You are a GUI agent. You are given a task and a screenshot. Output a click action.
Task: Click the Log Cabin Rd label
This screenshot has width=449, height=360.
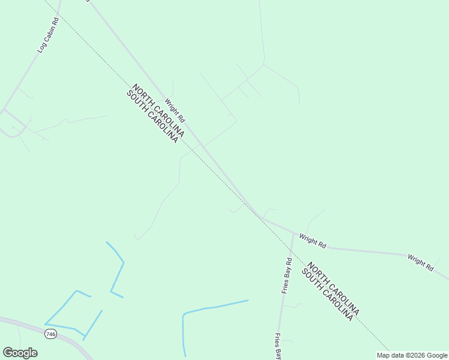[47, 35]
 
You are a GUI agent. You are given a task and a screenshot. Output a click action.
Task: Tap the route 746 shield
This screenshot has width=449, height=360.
[51, 334]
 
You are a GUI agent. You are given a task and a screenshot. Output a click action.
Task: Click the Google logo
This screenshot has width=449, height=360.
[20, 353]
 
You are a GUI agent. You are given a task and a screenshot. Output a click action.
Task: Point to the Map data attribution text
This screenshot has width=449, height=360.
[412, 355]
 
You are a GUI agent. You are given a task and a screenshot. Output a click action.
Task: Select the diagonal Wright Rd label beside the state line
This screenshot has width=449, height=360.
[175, 111]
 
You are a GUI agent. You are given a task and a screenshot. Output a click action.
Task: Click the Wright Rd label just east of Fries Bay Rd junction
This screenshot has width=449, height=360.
[313, 241]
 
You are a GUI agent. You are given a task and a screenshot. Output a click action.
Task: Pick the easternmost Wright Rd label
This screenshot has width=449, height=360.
[420, 263]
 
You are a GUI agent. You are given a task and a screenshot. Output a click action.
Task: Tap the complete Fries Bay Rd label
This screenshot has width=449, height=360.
[286, 276]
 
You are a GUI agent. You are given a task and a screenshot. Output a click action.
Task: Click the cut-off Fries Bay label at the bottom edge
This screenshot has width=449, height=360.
[278, 346]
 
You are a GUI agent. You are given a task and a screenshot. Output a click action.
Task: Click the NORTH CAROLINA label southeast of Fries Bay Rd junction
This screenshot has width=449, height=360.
[333, 289]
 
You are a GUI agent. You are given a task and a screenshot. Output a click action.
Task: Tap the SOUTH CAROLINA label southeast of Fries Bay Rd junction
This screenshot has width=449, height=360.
[327, 295]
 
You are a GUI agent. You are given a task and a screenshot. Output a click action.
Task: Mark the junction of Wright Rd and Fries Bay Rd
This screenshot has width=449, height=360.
[294, 232]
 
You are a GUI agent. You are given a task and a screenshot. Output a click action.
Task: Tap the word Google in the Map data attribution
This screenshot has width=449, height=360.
[437, 355]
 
